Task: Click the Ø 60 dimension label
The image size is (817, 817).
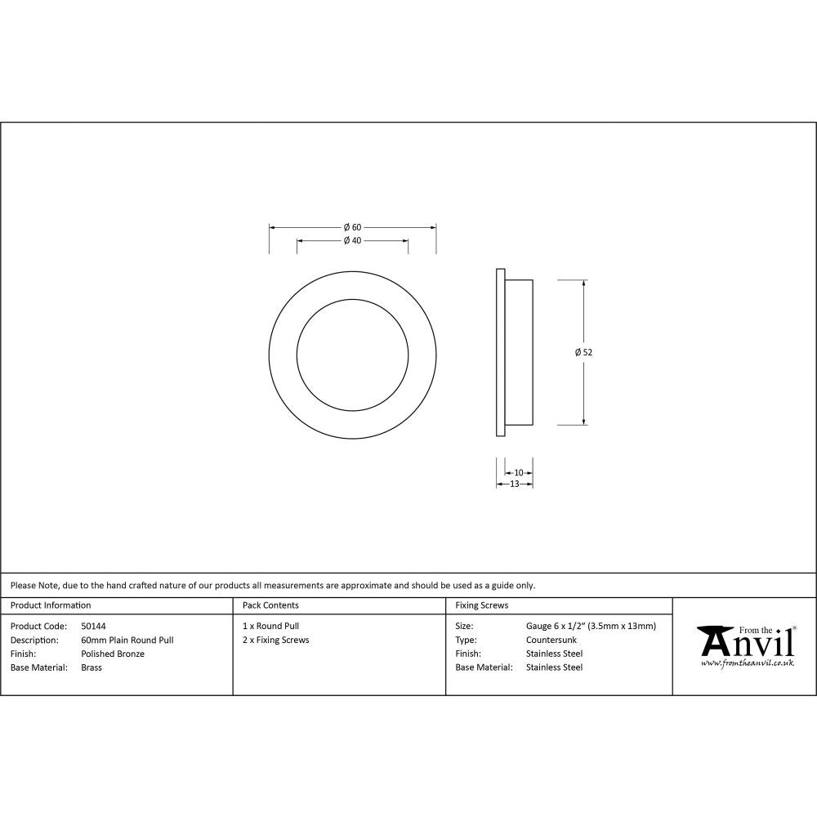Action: point(352,227)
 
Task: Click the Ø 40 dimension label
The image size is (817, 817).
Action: point(352,240)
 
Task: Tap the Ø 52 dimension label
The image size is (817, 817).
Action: point(583,352)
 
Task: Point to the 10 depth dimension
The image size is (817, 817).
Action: point(519,472)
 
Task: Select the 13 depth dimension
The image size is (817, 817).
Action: point(515,484)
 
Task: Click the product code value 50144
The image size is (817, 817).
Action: point(93,626)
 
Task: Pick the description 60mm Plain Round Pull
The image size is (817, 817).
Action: point(127,640)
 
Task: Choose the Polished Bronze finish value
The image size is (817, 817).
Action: point(113,654)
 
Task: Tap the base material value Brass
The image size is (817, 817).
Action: point(92,667)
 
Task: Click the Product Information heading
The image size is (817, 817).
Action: point(51,605)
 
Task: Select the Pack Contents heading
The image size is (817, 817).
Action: point(270,605)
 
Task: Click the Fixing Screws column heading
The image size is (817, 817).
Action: point(482,605)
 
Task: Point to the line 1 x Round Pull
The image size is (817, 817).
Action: point(270,626)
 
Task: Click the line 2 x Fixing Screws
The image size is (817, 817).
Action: point(276,640)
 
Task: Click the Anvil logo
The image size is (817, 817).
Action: point(746,642)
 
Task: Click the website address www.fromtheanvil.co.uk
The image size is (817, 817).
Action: point(747,663)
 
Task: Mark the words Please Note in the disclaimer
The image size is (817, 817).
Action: point(34,585)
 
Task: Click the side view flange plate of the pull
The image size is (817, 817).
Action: point(499,352)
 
